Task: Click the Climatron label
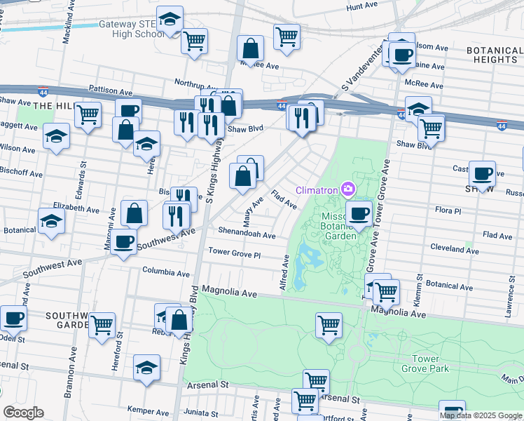coord(317,189)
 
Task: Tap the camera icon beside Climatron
coord(348,189)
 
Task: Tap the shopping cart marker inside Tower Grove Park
coord(329,325)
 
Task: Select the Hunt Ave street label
coord(361,6)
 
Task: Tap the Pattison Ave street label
coord(111,91)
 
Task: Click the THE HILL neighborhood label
coord(52,105)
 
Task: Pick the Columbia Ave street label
coord(166,272)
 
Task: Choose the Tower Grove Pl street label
coord(234,253)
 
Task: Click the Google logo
coord(23,413)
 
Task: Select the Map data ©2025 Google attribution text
coord(481,415)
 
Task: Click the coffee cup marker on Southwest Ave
coord(124,241)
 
